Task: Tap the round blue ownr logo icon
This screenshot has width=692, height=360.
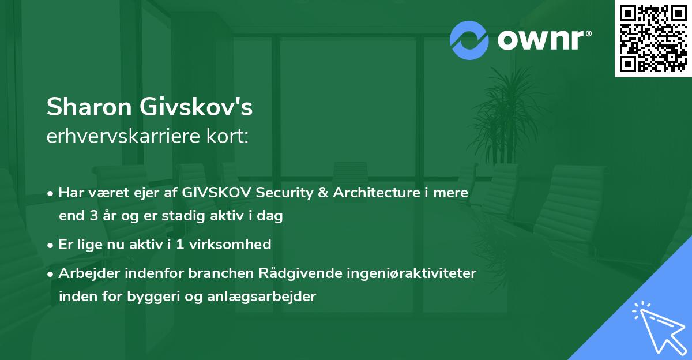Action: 469,40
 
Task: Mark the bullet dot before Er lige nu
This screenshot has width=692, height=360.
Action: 51,245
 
